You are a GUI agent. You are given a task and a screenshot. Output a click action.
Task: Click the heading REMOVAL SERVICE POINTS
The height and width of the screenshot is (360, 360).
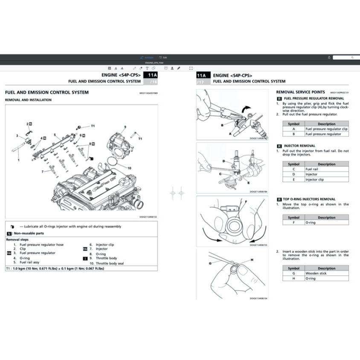click(301, 92)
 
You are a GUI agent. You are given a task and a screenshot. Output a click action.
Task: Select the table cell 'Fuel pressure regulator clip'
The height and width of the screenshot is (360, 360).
click(326, 129)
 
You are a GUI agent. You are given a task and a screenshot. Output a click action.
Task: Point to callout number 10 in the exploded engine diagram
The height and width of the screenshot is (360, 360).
click(129, 168)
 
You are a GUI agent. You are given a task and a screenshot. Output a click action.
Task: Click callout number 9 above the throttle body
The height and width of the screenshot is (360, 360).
click(125, 127)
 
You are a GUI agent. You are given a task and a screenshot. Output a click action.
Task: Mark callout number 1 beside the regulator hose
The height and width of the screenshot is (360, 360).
click(18, 160)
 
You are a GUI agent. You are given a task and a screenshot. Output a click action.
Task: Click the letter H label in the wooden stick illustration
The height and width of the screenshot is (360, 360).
click(252, 260)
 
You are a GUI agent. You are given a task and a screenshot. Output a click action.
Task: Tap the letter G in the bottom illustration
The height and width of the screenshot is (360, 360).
click(210, 264)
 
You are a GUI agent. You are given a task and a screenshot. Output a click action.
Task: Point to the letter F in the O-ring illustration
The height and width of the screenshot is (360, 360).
click(240, 200)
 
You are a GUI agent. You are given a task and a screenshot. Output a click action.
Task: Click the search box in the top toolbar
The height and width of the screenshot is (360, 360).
click(346, 57)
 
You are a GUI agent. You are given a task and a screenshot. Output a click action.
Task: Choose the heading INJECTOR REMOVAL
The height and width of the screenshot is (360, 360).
click(299, 145)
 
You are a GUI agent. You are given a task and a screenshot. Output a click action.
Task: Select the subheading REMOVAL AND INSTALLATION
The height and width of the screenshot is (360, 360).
click(28, 100)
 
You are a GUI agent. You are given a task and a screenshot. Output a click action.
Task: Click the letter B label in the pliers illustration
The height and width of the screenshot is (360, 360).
click(222, 125)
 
